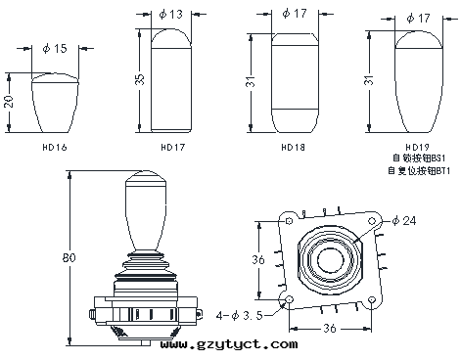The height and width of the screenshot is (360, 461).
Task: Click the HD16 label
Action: (x=55, y=148)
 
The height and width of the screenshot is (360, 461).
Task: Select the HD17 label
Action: (x=173, y=148)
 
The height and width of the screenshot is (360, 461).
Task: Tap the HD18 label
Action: (x=293, y=148)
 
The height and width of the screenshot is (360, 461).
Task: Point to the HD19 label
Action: (x=417, y=147)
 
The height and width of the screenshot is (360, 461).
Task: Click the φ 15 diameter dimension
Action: (x=55, y=49)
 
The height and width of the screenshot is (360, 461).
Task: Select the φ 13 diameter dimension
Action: (x=171, y=14)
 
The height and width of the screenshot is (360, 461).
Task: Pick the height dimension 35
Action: (x=139, y=79)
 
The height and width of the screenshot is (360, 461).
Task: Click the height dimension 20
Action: (x=9, y=102)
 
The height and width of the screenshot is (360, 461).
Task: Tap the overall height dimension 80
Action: (x=69, y=258)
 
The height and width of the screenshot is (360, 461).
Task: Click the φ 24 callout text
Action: (x=404, y=221)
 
